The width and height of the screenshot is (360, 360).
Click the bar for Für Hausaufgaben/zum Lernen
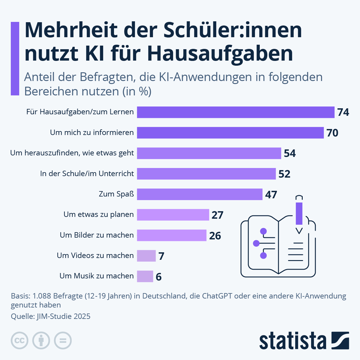coord(235,112)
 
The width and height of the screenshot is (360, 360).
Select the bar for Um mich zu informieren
coord(230,133)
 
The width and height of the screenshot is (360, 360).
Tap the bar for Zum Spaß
coord(199,194)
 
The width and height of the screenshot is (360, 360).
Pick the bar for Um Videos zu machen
coord(146,256)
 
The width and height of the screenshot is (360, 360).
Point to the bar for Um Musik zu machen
coord(145,276)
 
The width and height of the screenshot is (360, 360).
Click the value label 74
coord(343,112)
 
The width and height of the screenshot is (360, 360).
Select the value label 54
coord(290,153)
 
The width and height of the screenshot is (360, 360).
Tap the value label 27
coord(217,215)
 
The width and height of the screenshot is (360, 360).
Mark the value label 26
coord(215,236)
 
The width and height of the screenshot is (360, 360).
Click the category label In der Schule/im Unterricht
coord(87,173)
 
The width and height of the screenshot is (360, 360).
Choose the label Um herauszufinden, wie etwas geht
coord(72,153)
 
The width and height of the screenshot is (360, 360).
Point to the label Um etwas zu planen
coord(98,214)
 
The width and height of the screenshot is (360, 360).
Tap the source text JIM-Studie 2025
coord(63,316)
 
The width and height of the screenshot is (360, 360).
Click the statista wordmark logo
coord(293,341)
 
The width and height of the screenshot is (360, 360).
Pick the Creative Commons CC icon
coord(19,340)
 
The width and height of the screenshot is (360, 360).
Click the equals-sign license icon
coord(63,340)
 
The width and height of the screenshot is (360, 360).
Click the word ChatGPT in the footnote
coord(217,296)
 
